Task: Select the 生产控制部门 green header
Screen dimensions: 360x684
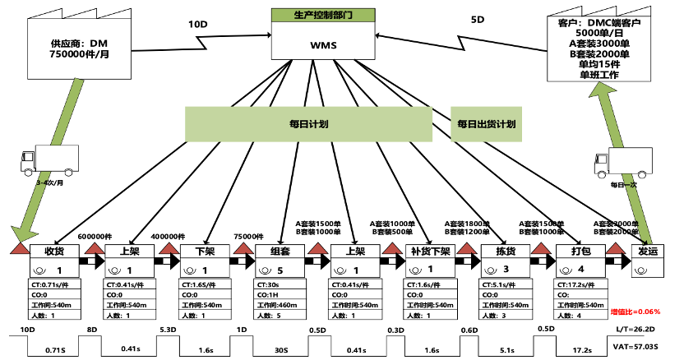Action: [323, 15]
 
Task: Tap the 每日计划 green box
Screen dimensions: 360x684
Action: [308, 124]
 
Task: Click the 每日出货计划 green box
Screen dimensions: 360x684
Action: [487, 124]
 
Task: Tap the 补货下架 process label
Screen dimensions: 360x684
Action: [428, 252]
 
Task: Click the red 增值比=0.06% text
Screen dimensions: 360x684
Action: [635, 312]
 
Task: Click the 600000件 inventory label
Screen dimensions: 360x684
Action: [94, 235]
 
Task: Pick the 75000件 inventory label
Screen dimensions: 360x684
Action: [248, 235]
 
